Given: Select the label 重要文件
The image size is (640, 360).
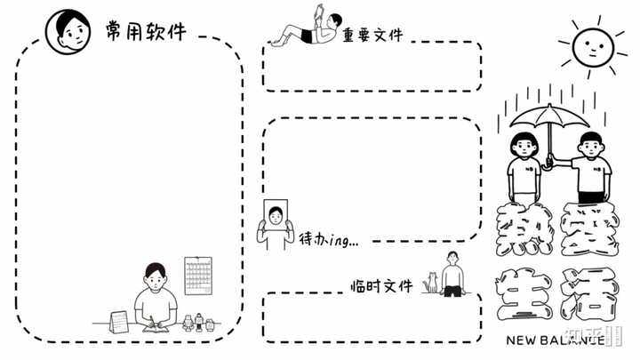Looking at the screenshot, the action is click(372, 35).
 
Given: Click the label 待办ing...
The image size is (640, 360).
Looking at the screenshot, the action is click(328, 238).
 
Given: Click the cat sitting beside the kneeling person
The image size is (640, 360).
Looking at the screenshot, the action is click(432, 283).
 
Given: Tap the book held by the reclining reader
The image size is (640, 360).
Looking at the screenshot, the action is click(320, 14).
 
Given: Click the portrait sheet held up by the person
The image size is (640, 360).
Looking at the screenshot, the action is click(278, 215).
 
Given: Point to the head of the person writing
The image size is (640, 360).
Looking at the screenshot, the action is click(156, 276).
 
